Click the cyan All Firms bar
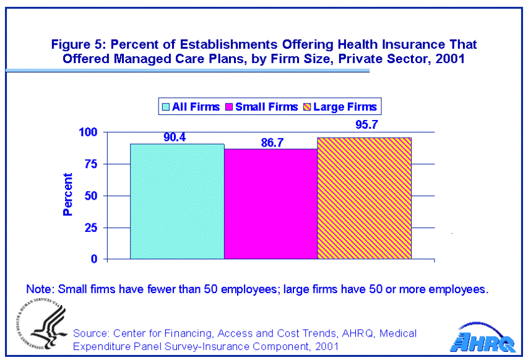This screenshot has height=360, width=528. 177,201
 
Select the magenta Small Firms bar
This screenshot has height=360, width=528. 270,204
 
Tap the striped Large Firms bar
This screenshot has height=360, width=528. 364,198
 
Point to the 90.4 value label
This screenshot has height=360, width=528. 175,137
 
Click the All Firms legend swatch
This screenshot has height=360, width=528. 165,107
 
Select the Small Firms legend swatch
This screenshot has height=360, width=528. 229,107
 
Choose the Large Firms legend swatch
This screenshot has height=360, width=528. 306,107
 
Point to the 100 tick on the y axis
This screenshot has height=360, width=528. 89,132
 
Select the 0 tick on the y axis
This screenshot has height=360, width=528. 95,259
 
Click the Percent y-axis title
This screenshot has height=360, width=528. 67,194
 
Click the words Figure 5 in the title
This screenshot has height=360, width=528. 75,45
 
